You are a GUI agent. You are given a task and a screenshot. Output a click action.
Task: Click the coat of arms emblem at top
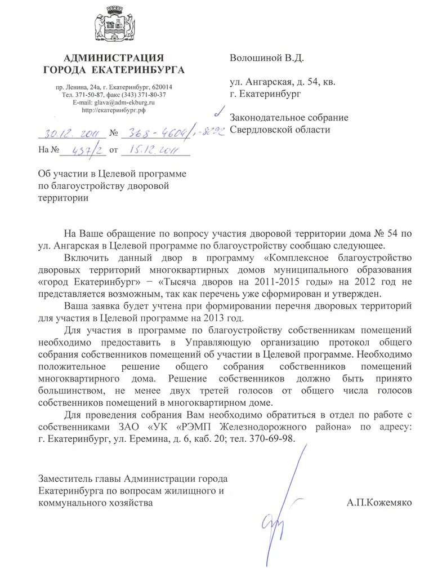[x=114, y=26]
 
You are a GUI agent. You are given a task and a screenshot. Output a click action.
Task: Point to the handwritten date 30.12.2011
[x=69, y=134]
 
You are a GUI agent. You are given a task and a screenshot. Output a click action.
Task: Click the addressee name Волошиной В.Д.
[x=266, y=57]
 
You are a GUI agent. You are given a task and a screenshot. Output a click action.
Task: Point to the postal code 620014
[x=162, y=87]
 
